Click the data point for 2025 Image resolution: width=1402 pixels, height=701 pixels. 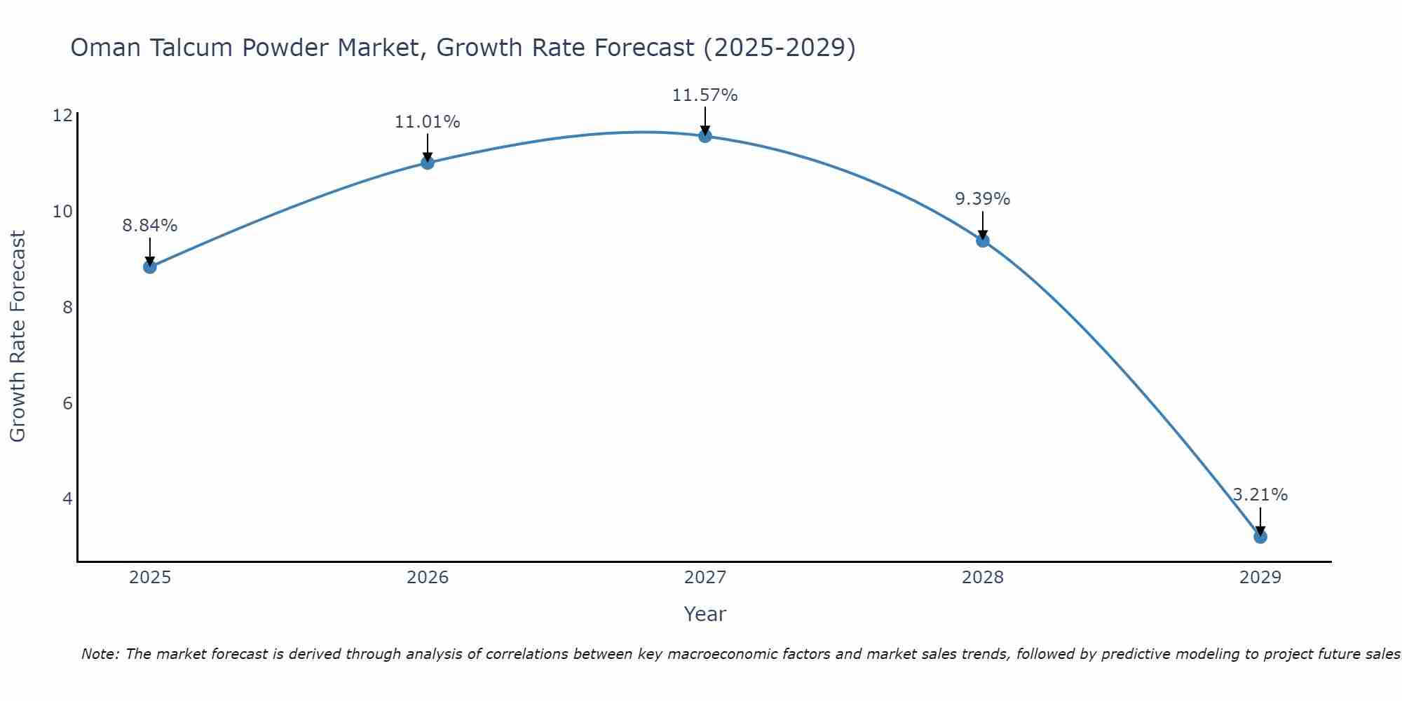[150, 266]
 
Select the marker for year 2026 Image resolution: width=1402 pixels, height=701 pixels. [428, 163]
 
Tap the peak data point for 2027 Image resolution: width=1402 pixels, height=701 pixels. [705, 136]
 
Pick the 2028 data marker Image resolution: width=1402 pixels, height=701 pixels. [983, 240]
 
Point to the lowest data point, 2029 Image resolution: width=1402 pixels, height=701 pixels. [1260, 537]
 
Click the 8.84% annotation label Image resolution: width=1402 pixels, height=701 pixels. [150, 226]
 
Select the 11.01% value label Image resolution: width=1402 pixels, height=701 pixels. [428, 122]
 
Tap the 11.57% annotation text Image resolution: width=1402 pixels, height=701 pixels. [705, 95]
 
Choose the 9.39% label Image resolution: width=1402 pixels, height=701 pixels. [983, 199]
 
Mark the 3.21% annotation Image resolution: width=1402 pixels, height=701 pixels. [1260, 495]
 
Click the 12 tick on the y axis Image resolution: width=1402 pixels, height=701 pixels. [62, 116]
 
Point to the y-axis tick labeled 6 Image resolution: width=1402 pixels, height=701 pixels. [67, 403]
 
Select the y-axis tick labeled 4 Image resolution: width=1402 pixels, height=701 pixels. [67, 499]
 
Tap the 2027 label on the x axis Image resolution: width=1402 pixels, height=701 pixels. [705, 578]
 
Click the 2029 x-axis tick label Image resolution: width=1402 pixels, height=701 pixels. [1260, 578]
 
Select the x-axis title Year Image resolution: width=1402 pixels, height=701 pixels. [705, 614]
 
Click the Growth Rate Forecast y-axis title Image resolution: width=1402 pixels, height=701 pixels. [18, 336]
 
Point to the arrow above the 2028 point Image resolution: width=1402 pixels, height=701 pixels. [983, 224]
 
